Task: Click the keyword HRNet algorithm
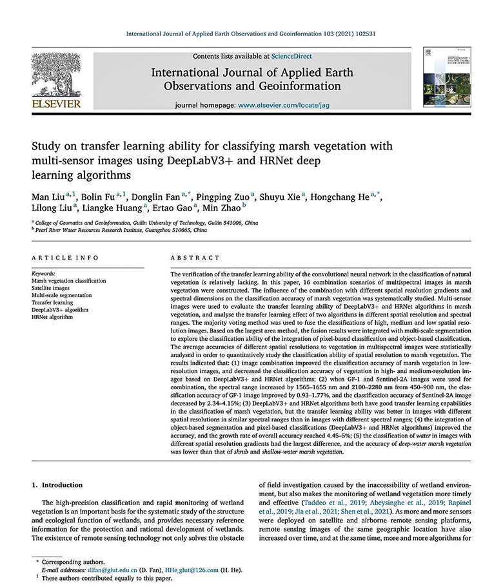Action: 54,317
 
